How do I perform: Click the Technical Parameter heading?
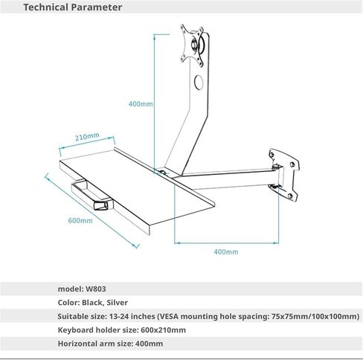coord(73,7)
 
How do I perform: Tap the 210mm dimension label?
coord(87,137)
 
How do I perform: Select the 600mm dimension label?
coord(80,220)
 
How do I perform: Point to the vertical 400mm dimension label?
coord(141,103)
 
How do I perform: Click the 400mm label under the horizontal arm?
coord(226,252)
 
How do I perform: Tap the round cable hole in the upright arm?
coord(199,82)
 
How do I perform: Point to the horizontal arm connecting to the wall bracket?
coord(227,179)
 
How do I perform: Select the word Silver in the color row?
coord(118,303)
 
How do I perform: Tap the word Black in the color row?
coord(93,303)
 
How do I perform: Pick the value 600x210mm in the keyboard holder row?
coord(163,330)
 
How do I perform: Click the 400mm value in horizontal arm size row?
coord(149,344)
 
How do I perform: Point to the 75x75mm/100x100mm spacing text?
coord(314,316)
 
